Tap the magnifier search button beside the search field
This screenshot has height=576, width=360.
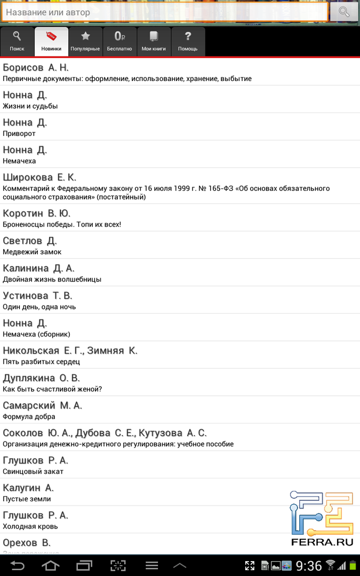click(x=344, y=12)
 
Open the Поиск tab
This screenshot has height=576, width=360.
click(x=17, y=42)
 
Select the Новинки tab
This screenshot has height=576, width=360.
click(x=51, y=42)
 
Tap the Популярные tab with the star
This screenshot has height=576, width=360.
click(x=85, y=42)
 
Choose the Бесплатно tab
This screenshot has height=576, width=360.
click(x=119, y=42)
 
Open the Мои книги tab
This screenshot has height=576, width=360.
click(x=154, y=42)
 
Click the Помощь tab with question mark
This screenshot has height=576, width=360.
click(x=188, y=42)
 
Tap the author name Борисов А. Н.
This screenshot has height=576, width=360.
click(x=36, y=68)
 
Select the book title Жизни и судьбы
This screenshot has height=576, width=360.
click(x=30, y=106)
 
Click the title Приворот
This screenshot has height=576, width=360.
click(x=19, y=133)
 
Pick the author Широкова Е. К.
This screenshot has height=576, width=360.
click(x=39, y=177)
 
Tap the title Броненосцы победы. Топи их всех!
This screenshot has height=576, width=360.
click(x=62, y=224)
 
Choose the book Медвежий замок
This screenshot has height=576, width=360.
click(x=32, y=252)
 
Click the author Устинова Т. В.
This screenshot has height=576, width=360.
click(x=37, y=295)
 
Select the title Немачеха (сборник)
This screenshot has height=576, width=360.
click(x=36, y=334)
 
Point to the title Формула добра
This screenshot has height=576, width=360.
click(x=29, y=417)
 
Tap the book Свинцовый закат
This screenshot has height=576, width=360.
click(x=33, y=471)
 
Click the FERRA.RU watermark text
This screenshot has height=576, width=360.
click(x=322, y=542)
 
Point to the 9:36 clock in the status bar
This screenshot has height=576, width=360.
click(x=309, y=565)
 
